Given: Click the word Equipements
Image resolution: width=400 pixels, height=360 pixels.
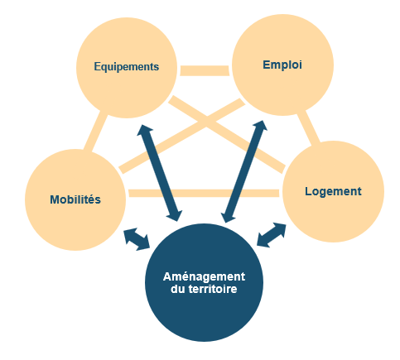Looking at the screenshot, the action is pos(127,67).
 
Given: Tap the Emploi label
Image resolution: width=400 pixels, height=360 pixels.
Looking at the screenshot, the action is pos(282,65).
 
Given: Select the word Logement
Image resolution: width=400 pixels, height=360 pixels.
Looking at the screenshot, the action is pos(333,191).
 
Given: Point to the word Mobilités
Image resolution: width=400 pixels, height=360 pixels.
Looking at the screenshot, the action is pos(75,199).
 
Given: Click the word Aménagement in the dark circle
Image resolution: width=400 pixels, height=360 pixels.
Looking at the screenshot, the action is pos(204,276).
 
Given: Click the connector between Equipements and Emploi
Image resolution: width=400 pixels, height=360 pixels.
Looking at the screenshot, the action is pos(205,70).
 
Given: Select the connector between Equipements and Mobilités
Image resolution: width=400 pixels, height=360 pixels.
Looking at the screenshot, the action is pos(95,132).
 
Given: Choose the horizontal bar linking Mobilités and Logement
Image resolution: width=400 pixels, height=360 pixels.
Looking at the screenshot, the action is pos(204,193).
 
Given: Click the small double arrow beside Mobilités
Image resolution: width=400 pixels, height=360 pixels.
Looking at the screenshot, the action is pos(137,239).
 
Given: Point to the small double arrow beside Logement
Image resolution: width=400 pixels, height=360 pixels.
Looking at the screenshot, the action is pos(272,235).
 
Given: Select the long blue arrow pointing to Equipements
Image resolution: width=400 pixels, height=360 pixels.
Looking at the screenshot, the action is pos(160,173).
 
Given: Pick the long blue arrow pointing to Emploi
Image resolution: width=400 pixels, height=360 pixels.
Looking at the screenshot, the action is pos(244,171).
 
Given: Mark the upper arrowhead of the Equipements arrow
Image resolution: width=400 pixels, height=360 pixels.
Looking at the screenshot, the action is pos(144,130).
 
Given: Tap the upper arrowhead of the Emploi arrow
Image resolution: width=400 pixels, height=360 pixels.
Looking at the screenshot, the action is pos(261,126).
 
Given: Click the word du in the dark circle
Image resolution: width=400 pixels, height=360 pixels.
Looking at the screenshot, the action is pos(178,289).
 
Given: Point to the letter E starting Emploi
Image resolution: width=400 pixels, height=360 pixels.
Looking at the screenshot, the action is pos(266,65).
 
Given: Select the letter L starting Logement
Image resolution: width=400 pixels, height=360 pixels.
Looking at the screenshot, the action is pos(308,191).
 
